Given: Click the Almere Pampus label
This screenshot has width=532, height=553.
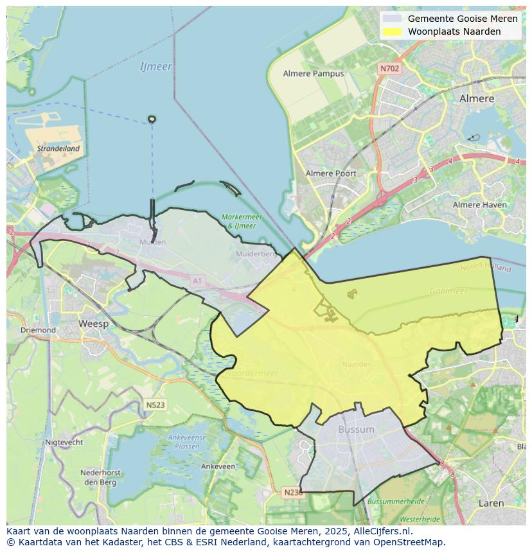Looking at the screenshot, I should (314, 73).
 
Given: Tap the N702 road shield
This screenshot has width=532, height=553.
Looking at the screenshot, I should (389, 68).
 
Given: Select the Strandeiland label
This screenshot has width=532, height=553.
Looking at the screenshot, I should (58, 148).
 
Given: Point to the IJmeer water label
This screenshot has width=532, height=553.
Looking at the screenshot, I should (155, 66).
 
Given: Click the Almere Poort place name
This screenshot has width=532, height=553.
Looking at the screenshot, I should (331, 173).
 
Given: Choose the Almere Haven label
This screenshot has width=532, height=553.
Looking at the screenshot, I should (479, 205).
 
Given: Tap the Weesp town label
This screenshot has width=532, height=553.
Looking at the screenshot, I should (93, 324).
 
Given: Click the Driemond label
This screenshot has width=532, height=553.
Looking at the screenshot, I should (38, 330).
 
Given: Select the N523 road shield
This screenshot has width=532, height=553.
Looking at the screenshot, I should (155, 405).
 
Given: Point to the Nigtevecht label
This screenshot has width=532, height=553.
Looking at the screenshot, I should (64, 442).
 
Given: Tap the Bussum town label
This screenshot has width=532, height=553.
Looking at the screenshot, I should (356, 429).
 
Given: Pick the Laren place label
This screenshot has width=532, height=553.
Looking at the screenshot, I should (491, 504).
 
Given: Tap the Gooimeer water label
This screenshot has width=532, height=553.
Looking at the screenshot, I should (448, 291).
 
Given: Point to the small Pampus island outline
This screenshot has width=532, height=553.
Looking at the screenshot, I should (152, 119).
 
